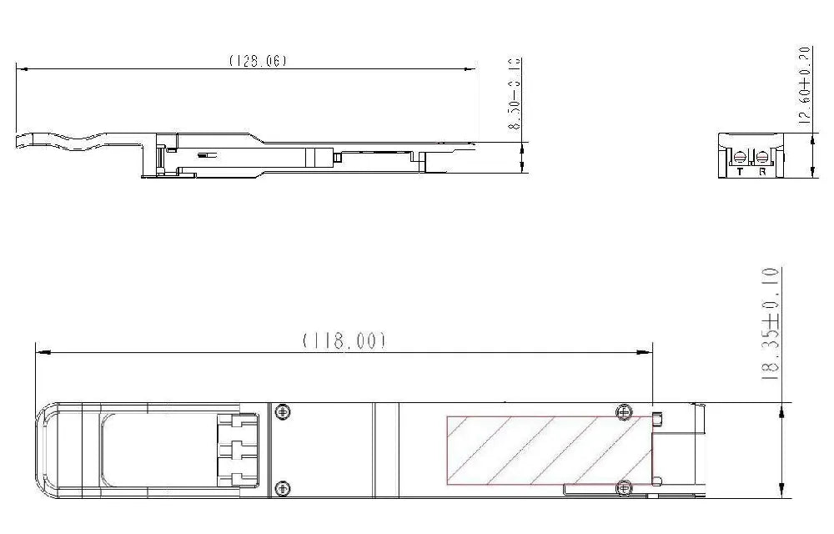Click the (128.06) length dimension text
tap(258, 61)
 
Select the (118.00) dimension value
tap(344, 341)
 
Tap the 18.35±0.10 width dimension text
tap(771, 324)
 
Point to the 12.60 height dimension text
tap(804, 85)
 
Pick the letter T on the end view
tap(740, 171)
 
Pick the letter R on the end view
tap(762, 171)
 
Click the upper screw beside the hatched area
tap(623, 411)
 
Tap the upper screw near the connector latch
tap(284, 411)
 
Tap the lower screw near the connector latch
tap(284, 487)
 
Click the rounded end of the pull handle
tap(42, 451)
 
